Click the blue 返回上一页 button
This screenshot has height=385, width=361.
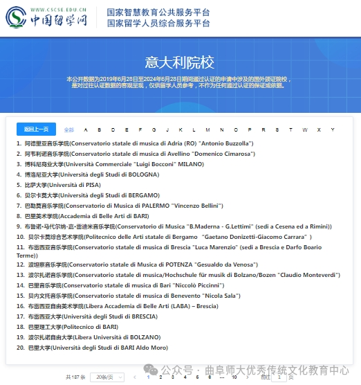(36, 129)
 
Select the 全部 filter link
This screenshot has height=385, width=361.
(68, 129)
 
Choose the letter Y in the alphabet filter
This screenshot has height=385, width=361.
(332, 129)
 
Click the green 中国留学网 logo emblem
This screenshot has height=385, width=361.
(16, 19)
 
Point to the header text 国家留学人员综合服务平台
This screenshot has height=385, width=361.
(159, 24)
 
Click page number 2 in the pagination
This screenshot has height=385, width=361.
(160, 377)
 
